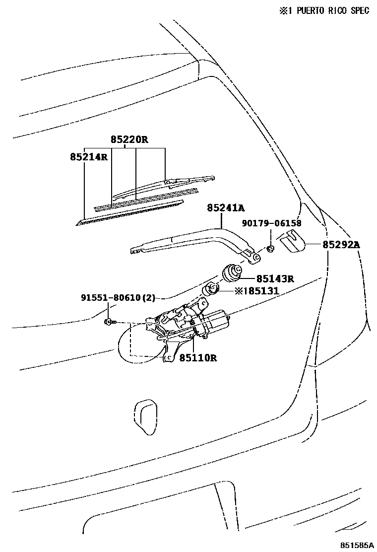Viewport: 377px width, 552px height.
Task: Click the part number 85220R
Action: click(x=129, y=140)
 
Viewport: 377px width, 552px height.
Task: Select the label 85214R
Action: click(x=89, y=157)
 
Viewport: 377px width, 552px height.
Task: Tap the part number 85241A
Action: click(x=226, y=208)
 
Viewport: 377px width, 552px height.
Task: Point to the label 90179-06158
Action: click(x=272, y=223)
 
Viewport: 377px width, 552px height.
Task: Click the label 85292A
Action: click(x=341, y=244)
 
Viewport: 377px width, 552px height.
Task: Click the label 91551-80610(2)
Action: click(x=118, y=298)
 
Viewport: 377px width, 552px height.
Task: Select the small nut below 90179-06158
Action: click(x=271, y=248)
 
